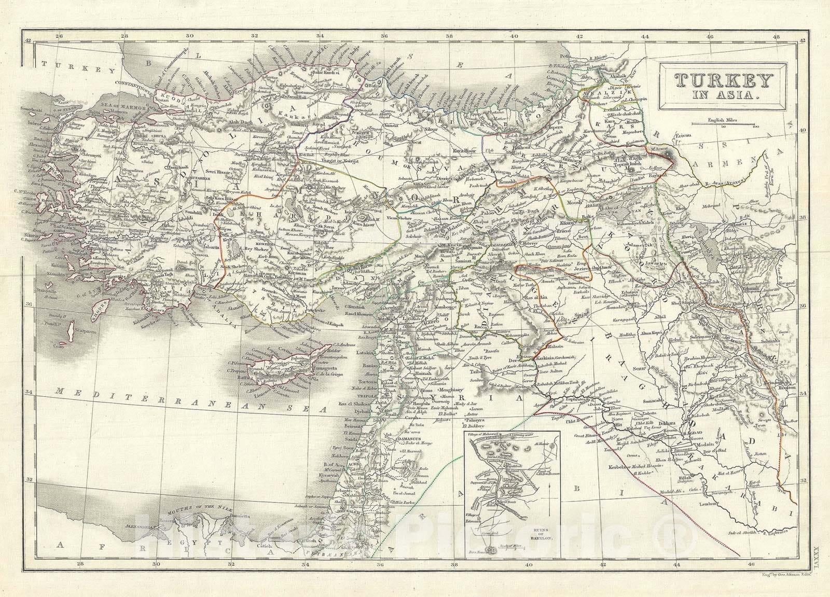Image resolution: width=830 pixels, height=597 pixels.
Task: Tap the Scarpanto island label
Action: [76, 328]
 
